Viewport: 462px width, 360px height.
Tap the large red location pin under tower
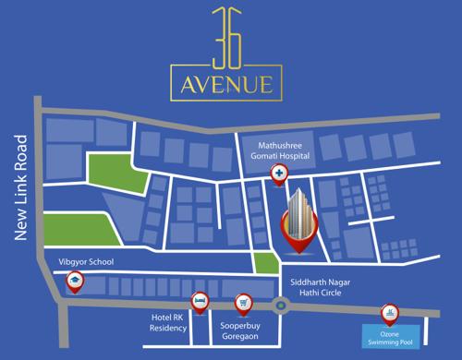(297, 235)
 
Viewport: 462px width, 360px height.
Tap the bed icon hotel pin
(198, 301)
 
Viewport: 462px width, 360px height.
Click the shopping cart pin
(244, 301)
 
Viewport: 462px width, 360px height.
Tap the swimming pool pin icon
(389, 314)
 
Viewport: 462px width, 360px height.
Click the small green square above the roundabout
(265, 262)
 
